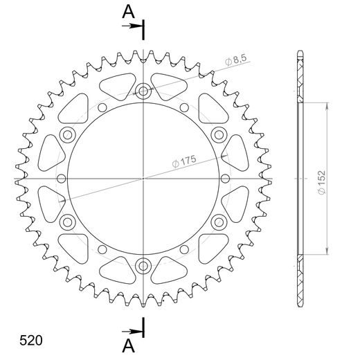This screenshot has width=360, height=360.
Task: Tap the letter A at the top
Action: pyautogui.click(x=128, y=11)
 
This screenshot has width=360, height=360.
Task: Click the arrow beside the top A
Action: pyautogui.click(x=132, y=26)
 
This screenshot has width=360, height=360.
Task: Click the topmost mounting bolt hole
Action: pyautogui.click(x=143, y=91)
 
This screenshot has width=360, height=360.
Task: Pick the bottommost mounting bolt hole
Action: pyautogui.click(x=143, y=265)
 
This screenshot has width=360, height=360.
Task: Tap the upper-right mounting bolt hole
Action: pyautogui.click(x=219, y=134)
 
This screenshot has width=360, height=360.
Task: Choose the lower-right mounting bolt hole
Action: pyautogui.click(x=219, y=222)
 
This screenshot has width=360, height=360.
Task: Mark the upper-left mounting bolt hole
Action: pyautogui.click(x=68, y=134)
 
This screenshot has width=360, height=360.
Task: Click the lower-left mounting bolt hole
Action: pyautogui.click(x=68, y=222)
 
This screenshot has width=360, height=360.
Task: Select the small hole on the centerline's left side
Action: pyautogui.click(x=61, y=178)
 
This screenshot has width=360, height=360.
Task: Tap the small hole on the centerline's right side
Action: pyautogui.click(x=226, y=178)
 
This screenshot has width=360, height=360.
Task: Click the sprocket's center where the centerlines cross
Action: pyautogui.click(x=143, y=178)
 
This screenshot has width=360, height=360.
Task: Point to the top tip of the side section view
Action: pyautogui.click(x=299, y=53)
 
